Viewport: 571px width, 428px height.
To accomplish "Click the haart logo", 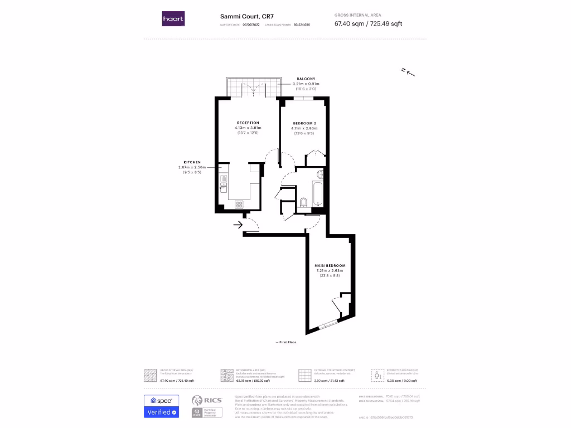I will [x=173, y=19].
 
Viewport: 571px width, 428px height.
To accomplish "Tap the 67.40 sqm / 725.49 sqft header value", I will [x=368, y=23].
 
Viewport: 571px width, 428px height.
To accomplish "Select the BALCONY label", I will [x=306, y=79].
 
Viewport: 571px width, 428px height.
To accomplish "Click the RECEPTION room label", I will [x=248, y=123].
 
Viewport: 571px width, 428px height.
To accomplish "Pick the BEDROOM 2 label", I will [x=305, y=123].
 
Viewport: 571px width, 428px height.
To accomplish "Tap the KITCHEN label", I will [x=192, y=162].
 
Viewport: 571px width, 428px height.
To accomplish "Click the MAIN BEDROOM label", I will [x=330, y=265].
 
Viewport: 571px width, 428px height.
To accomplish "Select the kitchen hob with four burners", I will [x=239, y=205].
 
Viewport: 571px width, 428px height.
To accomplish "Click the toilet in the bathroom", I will [x=304, y=202].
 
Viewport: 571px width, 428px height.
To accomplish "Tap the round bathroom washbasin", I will [x=320, y=174].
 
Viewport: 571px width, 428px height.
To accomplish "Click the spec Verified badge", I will [x=162, y=406].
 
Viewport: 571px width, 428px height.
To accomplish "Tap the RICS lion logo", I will [x=197, y=400].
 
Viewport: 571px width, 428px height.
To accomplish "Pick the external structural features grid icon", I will [x=304, y=374].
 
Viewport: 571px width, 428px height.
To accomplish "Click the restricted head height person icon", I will [x=378, y=374].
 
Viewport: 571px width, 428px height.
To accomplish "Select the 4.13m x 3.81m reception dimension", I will [x=248, y=128].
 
